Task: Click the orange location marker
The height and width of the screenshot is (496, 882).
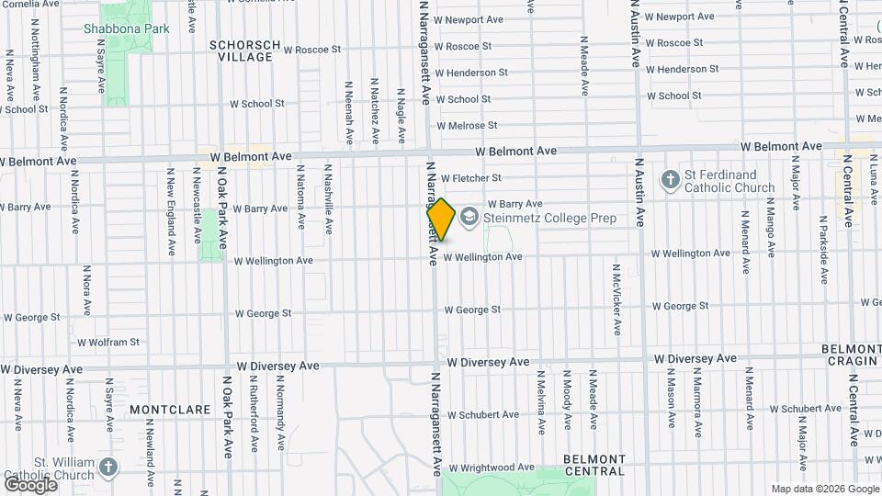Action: pos(441,220)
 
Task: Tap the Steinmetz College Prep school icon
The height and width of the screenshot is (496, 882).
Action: pos(469,217)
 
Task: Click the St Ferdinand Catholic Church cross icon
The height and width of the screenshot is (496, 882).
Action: pos(671,181)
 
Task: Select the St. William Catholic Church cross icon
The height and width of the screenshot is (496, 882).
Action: pos(108,468)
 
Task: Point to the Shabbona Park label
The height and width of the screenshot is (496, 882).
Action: pos(127,28)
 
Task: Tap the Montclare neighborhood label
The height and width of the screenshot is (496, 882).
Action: pos(164,408)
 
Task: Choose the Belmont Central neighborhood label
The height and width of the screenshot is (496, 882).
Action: pos(594,465)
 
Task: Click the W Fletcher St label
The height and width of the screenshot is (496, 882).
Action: pos(470,178)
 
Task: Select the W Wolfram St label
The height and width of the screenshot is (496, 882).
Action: pos(108,343)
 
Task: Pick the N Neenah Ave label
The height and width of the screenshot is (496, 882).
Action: pos(349,112)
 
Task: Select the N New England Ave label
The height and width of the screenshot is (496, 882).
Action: pos(171,211)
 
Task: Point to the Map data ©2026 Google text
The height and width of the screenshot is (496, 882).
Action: pos(824,489)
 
